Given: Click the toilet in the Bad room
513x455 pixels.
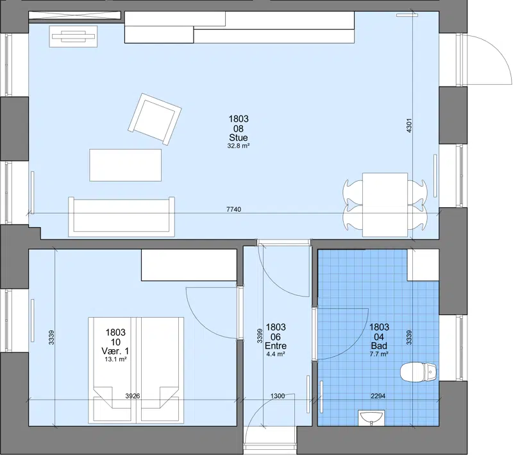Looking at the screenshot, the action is click(419, 372).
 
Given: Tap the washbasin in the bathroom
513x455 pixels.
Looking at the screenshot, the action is click(371, 418).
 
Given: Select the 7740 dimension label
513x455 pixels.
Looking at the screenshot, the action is click(233, 209).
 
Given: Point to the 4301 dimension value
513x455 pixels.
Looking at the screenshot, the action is click(409, 125).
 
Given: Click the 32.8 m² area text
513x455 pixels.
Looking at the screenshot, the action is click(239, 146).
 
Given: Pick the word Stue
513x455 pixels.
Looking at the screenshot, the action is click(239, 137).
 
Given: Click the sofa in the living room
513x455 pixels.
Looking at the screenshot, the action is click(121, 217).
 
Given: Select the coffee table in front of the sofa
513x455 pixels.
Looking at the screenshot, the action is click(126, 165).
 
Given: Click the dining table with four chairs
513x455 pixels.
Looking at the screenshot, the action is click(385, 205).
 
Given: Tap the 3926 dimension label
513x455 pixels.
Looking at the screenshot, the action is click(133, 396).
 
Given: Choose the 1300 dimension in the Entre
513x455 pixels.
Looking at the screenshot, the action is click(278, 396).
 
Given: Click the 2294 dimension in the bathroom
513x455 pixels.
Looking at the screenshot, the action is click(378, 396).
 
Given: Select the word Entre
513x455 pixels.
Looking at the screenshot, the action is click(276, 346).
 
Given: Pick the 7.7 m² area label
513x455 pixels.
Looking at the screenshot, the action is click(379, 354).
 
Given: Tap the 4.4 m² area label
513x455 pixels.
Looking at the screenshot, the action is click(276, 354).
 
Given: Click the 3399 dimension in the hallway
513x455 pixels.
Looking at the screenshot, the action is click(260, 336).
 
